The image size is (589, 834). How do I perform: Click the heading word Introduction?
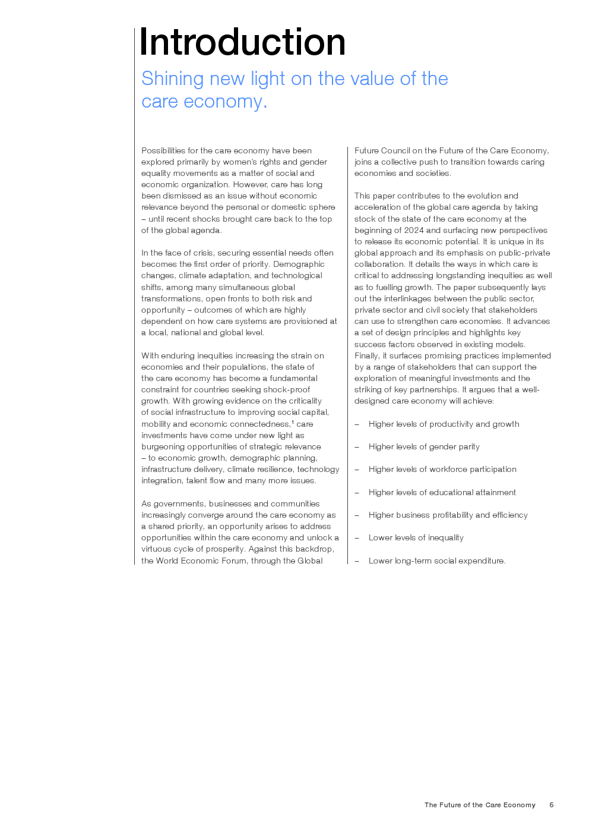point(242,42)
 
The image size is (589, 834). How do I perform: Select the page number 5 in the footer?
point(551,805)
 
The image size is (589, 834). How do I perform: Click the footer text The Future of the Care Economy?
point(480,805)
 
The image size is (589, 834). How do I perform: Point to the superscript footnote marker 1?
point(293,422)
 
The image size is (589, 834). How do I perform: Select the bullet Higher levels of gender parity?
point(424,446)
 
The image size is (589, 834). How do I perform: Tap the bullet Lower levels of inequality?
point(416,537)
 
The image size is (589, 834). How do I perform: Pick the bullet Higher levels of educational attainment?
point(442,492)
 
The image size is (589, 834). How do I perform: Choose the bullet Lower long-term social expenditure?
point(436,561)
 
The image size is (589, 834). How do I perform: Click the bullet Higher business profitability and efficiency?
point(448,515)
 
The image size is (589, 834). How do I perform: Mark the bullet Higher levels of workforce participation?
point(442,469)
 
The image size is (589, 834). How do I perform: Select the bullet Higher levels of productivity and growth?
point(444,424)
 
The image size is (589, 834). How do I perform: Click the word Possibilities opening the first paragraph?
point(163,150)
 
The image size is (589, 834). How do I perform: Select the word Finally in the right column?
point(366,355)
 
